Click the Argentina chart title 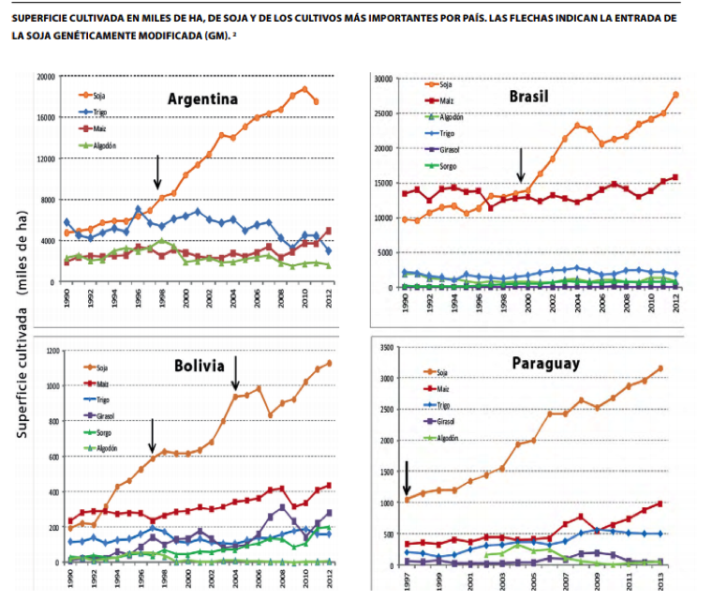pos(202,99)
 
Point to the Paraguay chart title pos(545,362)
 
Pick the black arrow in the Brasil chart pos(520,166)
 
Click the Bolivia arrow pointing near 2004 pos(236,372)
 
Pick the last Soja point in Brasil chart pos(675,95)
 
